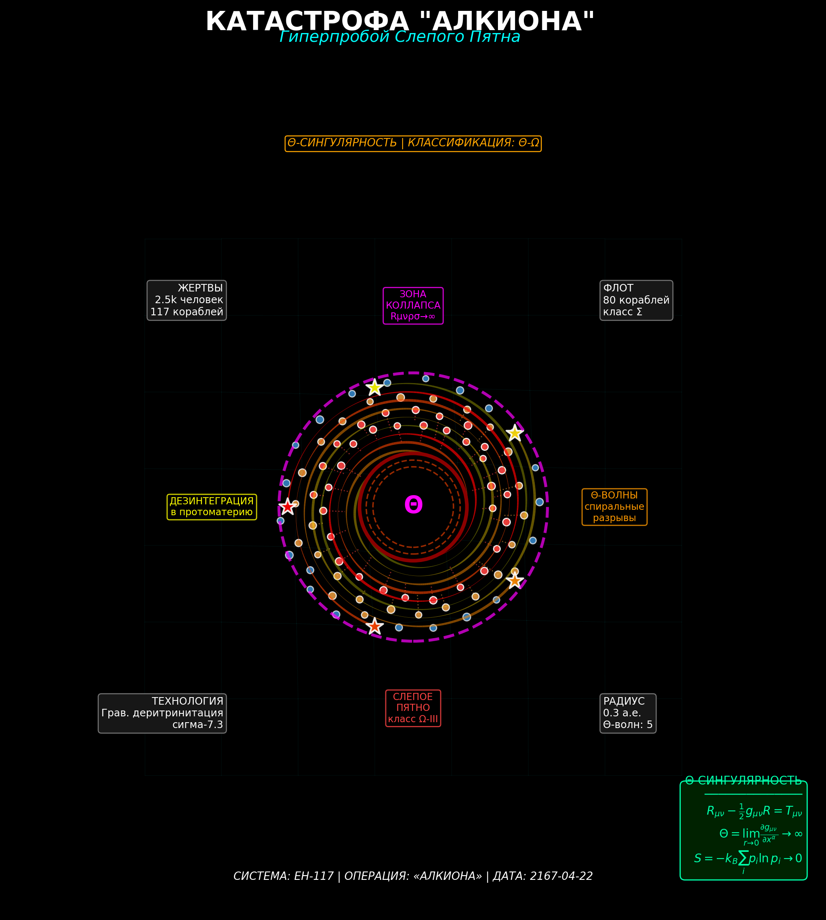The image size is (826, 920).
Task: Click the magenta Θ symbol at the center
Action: coord(413,505)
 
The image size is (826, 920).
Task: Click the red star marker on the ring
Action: coord(287,506)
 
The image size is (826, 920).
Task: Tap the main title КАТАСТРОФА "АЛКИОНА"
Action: coord(400,21)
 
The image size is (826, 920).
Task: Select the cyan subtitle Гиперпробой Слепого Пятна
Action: coord(400,37)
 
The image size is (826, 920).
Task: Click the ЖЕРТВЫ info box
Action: coord(187,300)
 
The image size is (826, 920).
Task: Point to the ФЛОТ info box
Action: coord(636,300)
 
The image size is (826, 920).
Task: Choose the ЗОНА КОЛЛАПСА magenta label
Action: coord(413,306)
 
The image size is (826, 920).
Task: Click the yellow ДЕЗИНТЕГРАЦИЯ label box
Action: coord(211,507)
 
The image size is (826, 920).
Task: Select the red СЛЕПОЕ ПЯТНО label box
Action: coord(413,708)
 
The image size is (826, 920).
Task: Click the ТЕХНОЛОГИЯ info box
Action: coord(162,713)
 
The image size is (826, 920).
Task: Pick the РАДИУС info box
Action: coord(628,713)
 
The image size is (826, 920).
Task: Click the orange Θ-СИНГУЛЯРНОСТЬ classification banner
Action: coord(413,143)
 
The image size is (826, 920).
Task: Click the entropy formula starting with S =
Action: coord(748,859)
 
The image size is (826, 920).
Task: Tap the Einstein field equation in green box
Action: coord(754,812)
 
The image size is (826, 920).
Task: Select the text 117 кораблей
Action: coord(187,312)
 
